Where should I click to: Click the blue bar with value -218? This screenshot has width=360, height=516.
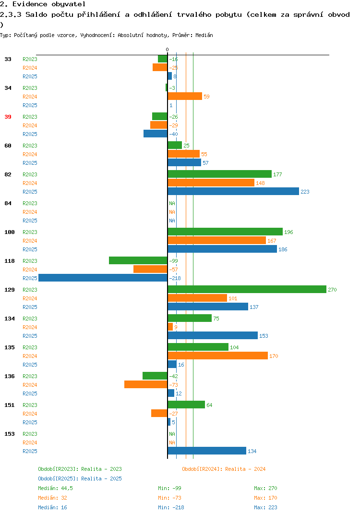(x=103, y=278)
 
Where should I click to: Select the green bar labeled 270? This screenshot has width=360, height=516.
(x=247, y=289)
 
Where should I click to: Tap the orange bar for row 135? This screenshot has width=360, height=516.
(x=217, y=356)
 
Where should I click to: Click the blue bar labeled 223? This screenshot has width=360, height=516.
(x=233, y=191)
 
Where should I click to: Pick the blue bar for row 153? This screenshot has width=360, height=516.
(x=207, y=451)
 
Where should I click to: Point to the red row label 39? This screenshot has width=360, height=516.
(x=8, y=117)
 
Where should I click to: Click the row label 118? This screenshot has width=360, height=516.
(x=10, y=261)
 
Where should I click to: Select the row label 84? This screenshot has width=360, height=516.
(x=8, y=203)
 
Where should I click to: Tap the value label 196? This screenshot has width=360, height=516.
(x=288, y=232)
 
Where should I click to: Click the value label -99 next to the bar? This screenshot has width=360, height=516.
(x=173, y=261)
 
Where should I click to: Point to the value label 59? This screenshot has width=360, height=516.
(x=206, y=97)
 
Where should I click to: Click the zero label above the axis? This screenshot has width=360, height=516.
(x=168, y=49)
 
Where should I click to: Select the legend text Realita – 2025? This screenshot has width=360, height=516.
(x=101, y=479)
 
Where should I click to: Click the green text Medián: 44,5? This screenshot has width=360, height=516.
(x=55, y=488)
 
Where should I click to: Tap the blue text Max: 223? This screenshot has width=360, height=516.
(x=265, y=507)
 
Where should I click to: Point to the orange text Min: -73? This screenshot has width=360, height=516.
(x=169, y=498)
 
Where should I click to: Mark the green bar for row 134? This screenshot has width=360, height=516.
(x=190, y=318)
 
